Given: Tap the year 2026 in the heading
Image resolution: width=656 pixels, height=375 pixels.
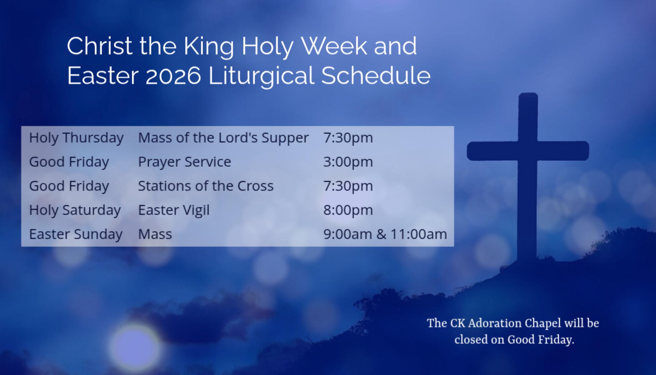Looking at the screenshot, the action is (173, 76).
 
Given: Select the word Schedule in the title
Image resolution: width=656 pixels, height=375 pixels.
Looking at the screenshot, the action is (376, 75).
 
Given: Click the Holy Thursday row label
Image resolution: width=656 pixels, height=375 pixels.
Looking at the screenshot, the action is (76, 138).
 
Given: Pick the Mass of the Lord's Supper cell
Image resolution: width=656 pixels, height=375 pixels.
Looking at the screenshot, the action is (223, 138).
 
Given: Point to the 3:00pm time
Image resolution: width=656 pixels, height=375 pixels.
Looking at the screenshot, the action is (348, 162).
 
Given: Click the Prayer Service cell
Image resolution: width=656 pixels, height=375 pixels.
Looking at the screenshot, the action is (185, 162).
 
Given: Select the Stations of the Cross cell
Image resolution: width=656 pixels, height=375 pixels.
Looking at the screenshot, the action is (206, 186).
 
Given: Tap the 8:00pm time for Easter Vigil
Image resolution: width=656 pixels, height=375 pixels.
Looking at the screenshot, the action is (348, 210).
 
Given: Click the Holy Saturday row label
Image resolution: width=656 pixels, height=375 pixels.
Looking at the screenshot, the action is (75, 210).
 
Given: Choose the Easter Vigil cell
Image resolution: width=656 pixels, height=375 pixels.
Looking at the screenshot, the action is (174, 210).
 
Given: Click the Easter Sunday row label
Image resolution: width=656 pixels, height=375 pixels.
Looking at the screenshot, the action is (76, 234).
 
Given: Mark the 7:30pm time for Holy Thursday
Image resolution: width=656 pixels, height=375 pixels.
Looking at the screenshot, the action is (348, 138).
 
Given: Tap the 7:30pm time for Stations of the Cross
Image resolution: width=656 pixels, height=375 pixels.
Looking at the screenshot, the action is (348, 186).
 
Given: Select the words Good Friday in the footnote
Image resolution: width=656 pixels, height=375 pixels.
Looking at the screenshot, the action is (540, 340).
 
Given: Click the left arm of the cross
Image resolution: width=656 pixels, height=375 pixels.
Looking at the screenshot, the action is (492, 151).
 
